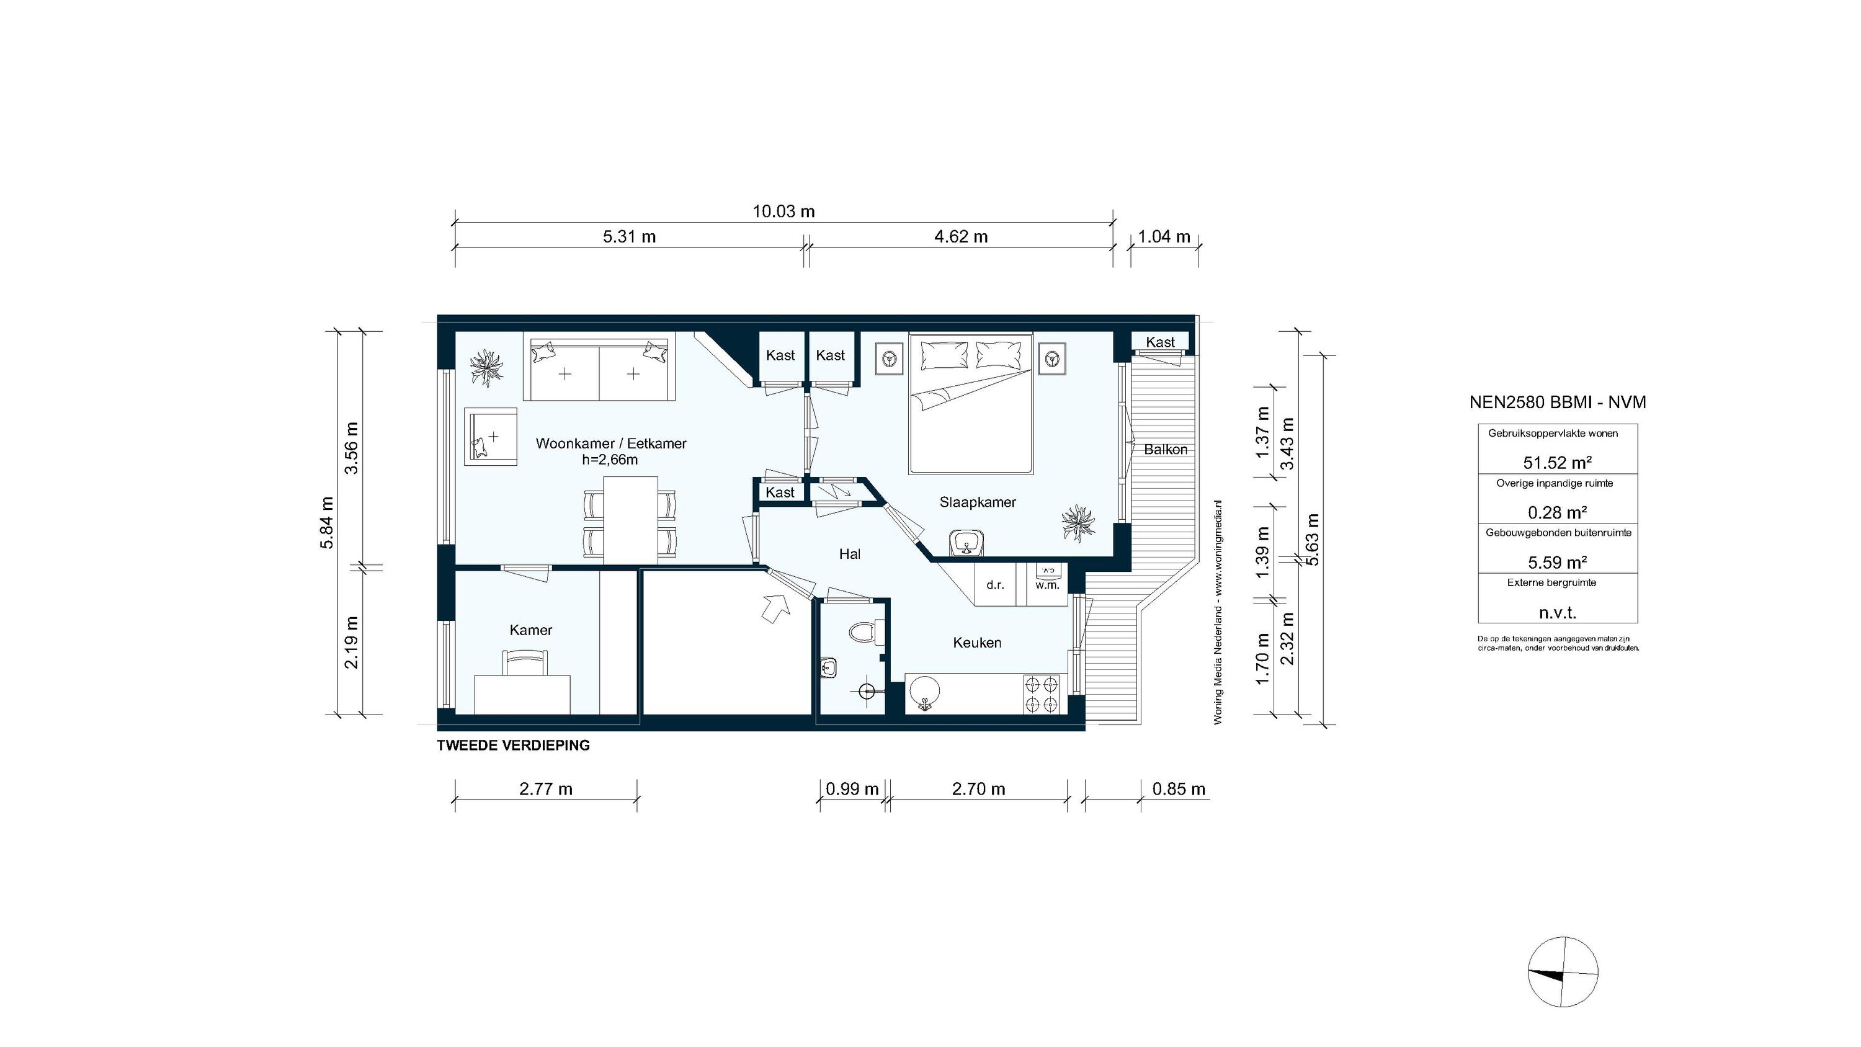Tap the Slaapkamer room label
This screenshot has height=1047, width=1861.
978,502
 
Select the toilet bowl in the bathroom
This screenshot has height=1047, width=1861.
861,633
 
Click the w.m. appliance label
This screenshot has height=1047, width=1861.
1047,586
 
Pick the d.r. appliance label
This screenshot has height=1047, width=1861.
995,586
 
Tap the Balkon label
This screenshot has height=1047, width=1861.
1165,450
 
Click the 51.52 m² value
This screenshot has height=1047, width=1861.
1558,463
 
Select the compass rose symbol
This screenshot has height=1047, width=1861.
1563,972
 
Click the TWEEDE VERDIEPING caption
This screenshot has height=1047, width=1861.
513,746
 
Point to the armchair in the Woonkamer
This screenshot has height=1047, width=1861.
491,437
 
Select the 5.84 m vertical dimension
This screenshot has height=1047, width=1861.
328,522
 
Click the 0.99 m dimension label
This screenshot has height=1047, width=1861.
852,789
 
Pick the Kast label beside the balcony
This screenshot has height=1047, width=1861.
1159,342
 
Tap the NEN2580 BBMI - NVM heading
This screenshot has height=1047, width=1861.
1558,403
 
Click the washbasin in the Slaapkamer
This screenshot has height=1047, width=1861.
966,543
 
